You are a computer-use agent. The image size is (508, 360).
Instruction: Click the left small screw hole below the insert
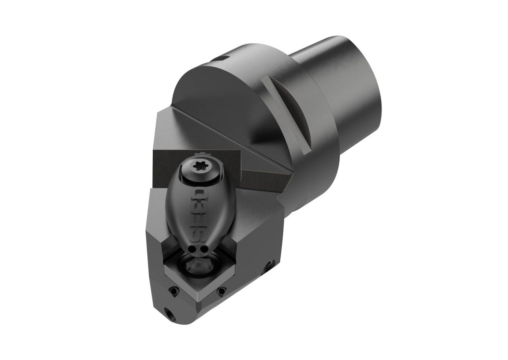174,292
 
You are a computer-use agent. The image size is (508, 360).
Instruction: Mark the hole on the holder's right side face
270,264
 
